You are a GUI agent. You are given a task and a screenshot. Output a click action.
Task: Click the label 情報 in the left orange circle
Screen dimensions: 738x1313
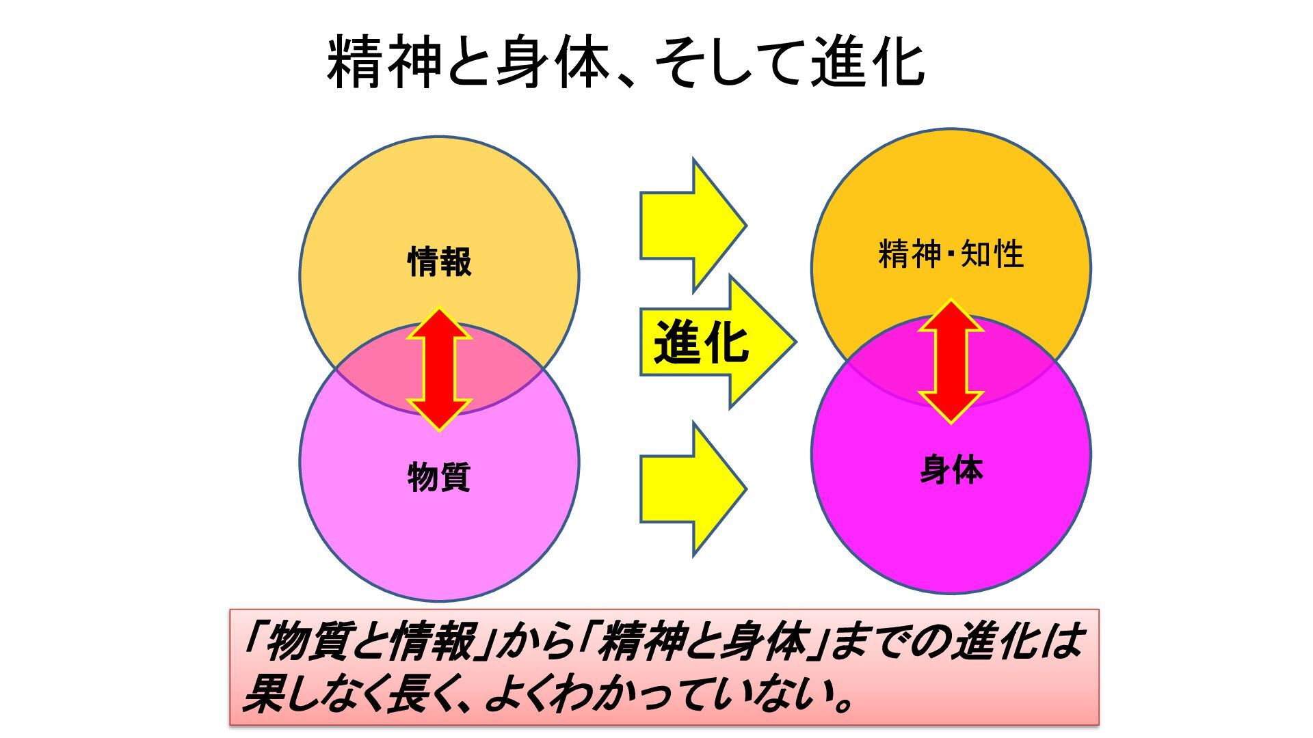(439, 262)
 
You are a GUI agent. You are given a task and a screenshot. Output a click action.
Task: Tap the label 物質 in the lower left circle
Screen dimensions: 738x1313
(439, 476)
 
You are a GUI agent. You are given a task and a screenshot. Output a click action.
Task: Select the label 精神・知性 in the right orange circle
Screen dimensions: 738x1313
(951, 255)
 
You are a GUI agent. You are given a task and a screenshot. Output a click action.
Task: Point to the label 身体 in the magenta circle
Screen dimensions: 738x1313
(951, 470)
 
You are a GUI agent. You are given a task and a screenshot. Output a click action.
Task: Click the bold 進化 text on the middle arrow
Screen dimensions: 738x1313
(701, 342)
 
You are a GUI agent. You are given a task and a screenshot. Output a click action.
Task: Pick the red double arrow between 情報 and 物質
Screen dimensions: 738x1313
(439, 369)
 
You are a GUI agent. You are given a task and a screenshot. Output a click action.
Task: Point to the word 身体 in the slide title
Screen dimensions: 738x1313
(552, 63)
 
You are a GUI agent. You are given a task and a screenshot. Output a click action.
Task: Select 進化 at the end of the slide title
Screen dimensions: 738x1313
(868, 63)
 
